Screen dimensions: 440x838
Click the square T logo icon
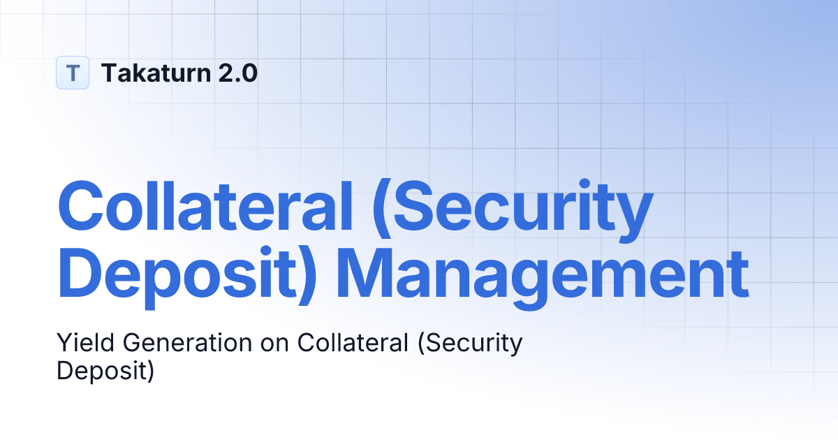[73, 73]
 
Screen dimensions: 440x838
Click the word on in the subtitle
[275, 344]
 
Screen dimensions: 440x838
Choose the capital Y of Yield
[63, 343]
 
